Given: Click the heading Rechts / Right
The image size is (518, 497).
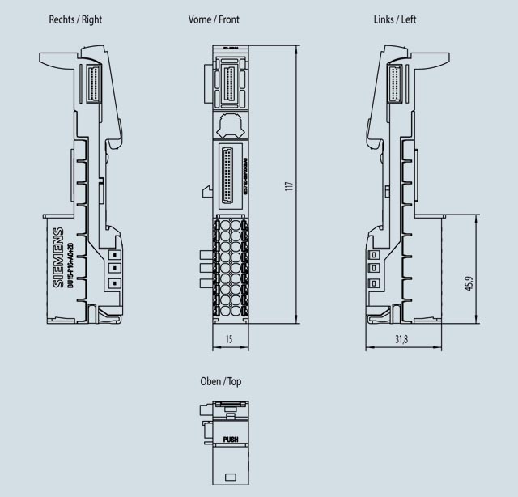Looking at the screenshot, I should (76, 19).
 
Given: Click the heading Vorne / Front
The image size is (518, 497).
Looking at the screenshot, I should (214, 19).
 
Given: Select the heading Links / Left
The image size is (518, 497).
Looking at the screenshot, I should (395, 19).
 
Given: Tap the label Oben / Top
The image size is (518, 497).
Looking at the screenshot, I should (221, 381).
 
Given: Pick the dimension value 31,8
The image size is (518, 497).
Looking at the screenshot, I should (401, 339).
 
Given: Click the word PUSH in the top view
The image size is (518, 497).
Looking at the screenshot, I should (231, 440).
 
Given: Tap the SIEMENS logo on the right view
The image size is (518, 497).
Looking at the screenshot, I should (57, 259).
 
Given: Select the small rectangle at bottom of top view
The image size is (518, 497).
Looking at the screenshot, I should (230, 477).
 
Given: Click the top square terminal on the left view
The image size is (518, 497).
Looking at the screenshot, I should (374, 252).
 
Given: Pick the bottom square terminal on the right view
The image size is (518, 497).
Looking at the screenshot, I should (114, 282).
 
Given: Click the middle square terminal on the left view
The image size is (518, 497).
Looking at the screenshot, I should (374, 267).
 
